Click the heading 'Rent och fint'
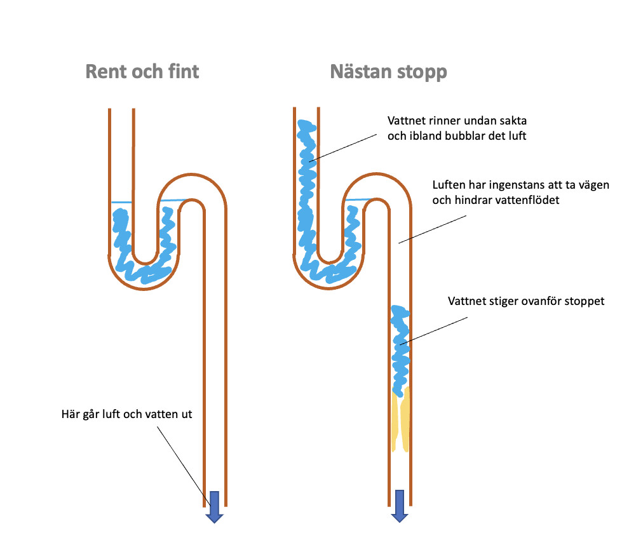point(142,71)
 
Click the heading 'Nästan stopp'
point(388,72)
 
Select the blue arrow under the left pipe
point(214,506)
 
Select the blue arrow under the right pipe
point(399,505)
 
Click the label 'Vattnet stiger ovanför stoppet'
point(526,301)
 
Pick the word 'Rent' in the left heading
point(104,71)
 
